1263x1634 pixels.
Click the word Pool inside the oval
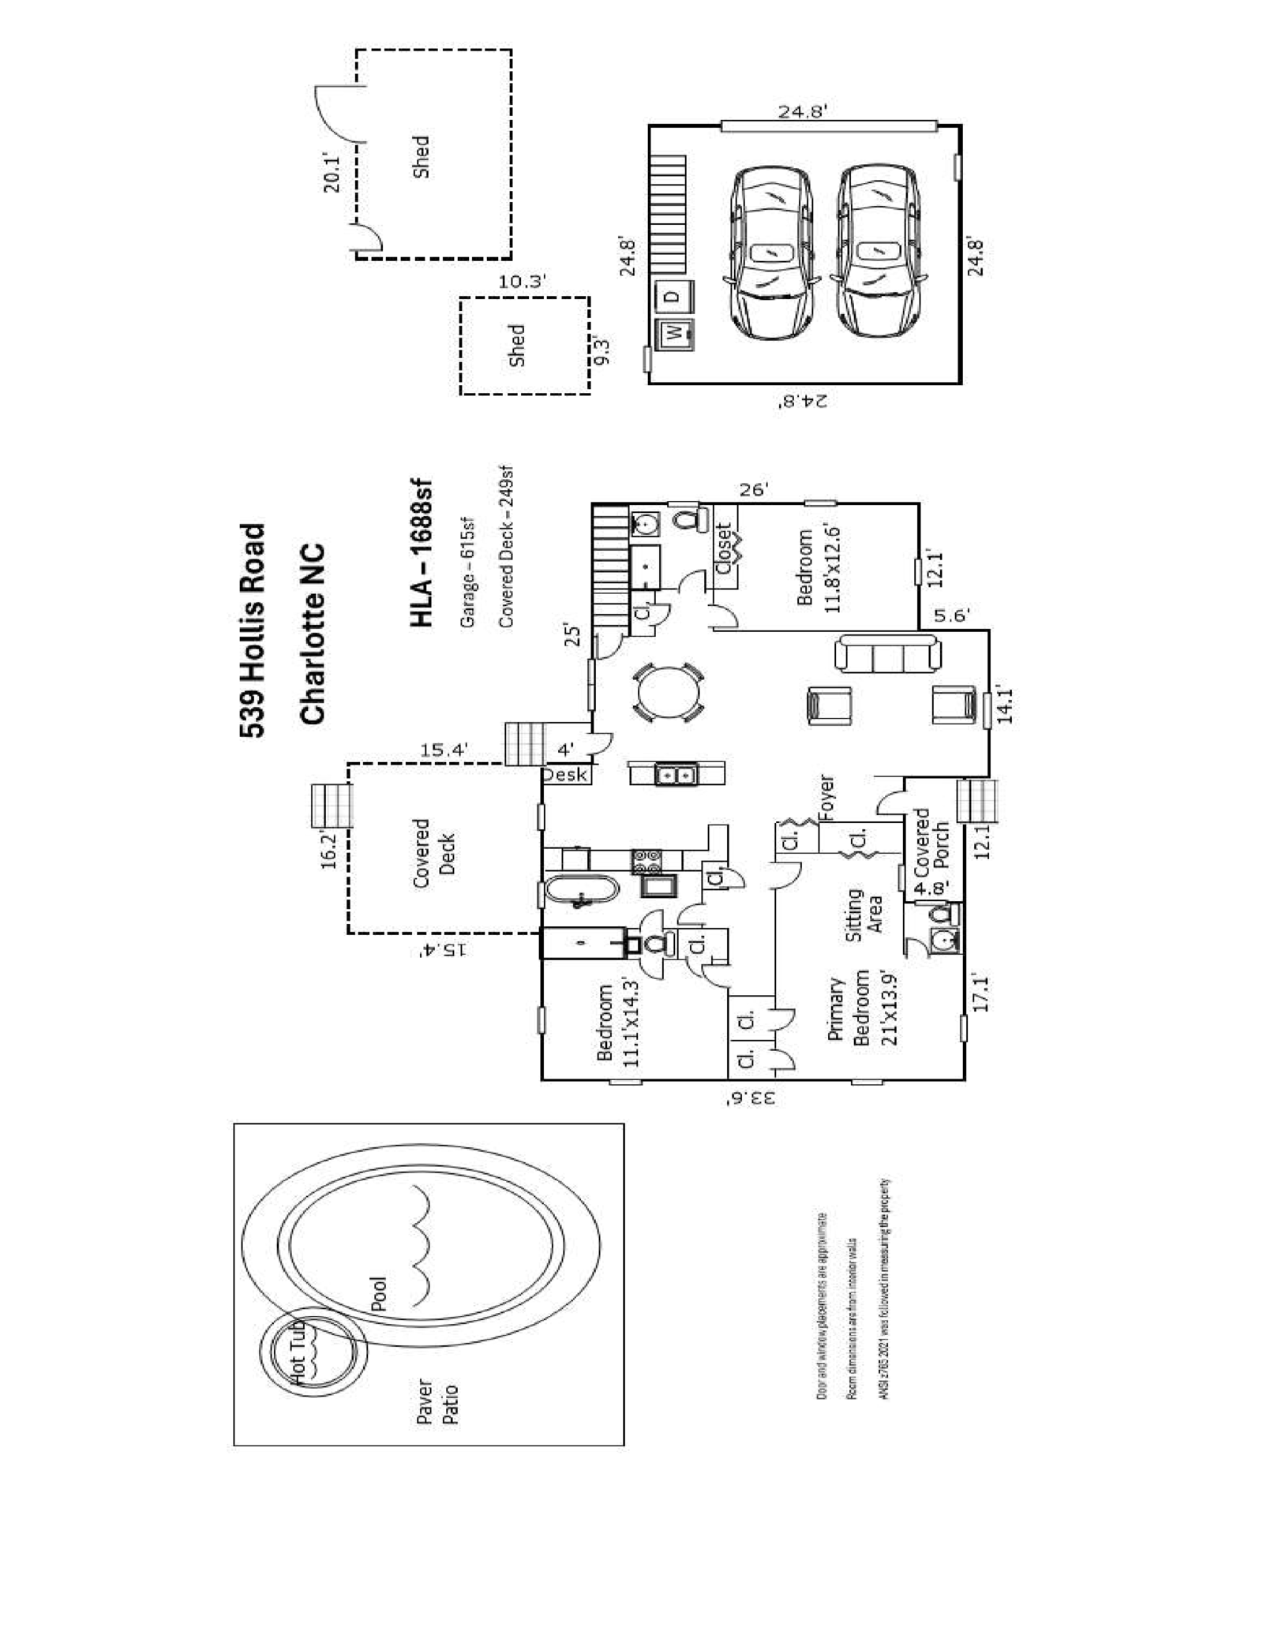click(x=380, y=1295)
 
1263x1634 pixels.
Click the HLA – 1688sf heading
click(x=422, y=553)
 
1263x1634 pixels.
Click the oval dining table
click(x=668, y=694)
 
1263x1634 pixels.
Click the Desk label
click(x=565, y=776)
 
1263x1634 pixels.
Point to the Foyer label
click(x=826, y=798)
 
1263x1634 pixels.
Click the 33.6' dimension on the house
click(x=748, y=1097)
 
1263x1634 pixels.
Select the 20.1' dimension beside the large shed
click(x=332, y=173)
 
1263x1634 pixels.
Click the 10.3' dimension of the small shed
click(x=523, y=282)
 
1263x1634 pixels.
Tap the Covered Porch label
click(x=931, y=843)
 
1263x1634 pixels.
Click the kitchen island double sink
click(x=676, y=775)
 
